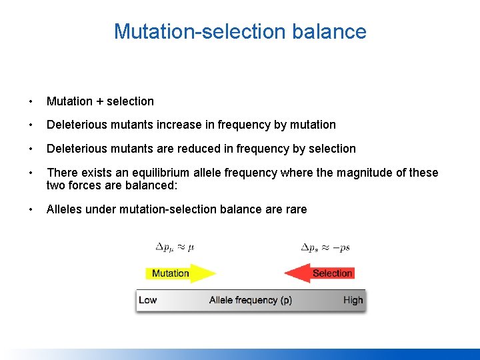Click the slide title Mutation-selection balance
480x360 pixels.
[x=240, y=31]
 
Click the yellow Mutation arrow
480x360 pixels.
[x=179, y=273]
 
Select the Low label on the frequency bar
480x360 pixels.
[x=147, y=300]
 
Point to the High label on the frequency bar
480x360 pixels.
[x=353, y=300]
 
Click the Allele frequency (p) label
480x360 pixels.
[x=250, y=300]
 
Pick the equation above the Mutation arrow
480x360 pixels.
[x=175, y=247]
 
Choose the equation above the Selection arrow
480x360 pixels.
[x=325, y=247]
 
